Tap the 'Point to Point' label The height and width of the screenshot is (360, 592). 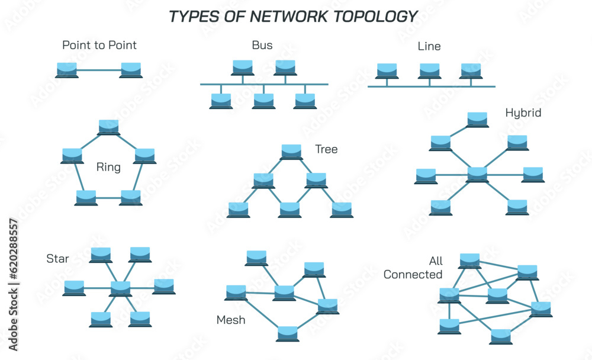pyautogui.click(x=99, y=45)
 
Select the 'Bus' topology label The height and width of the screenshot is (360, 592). pyautogui.click(x=262, y=45)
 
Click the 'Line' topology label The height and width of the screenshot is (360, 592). pyautogui.click(x=429, y=46)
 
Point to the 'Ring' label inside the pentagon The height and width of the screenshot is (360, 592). pyautogui.click(x=108, y=168)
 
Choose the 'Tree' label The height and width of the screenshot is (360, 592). pyautogui.click(x=326, y=149)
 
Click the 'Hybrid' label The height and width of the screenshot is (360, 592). pyautogui.click(x=523, y=112)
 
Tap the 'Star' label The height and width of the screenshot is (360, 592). pyautogui.click(x=57, y=259)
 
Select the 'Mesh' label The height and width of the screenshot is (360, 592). pyautogui.click(x=231, y=320)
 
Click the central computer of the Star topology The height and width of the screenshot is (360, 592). pyautogui.click(x=120, y=288)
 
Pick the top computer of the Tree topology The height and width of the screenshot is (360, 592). pyautogui.click(x=291, y=151)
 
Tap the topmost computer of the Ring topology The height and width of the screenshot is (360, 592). pyautogui.click(x=108, y=127)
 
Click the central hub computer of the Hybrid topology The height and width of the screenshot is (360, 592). pyautogui.click(x=477, y=174)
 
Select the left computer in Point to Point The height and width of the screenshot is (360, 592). pyautogui.click(x=66, y=70)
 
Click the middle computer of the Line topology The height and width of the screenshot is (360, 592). pyautogui.click(x=430, y=71)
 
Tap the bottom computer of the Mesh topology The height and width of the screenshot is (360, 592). pyautogui.click(x=288, y=333)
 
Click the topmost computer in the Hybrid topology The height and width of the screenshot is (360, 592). pyautogui.click(x=478, y=119)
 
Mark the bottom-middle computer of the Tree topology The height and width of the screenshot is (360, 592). pyautogui.click(x=289, y=210)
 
